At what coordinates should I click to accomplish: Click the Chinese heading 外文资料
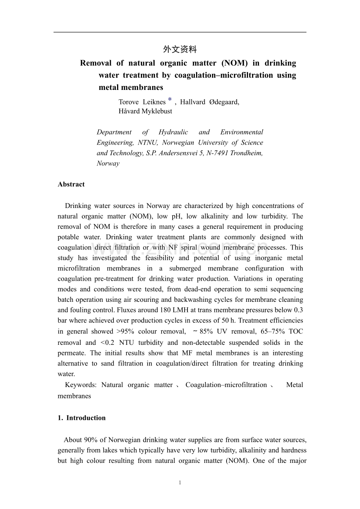[x=180, y=49]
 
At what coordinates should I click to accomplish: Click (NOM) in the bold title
[x=234, y=63]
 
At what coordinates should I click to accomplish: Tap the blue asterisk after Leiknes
[x=170, y=101]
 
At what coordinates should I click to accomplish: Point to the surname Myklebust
[x=155, y=111]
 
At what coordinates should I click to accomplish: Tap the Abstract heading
[x=71, y=185]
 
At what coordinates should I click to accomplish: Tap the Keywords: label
[x=81, y=385]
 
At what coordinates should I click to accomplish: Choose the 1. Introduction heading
[x=81, y=418]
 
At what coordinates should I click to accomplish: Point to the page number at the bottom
[x=180, y=483]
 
